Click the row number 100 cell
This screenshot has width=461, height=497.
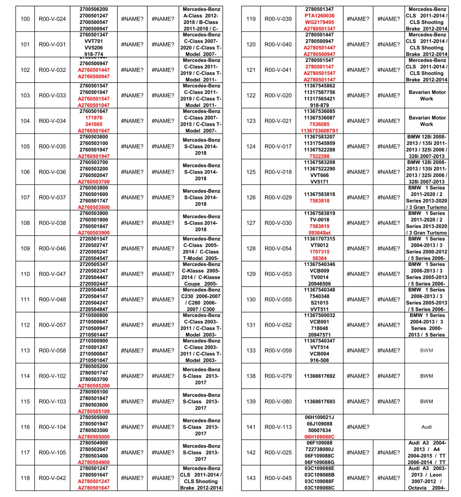coord(25,19)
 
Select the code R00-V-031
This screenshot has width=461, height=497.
coord(52,44)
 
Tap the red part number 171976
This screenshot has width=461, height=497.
coord(94,118)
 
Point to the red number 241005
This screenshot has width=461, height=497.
coord(94,124)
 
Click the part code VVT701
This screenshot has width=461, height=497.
coord(94,41)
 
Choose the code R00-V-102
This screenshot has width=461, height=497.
coord(52,376)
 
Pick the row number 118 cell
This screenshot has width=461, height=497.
coord(25,478)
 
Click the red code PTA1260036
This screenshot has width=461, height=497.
coord(319,16)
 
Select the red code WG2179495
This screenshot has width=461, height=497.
coord(319,22)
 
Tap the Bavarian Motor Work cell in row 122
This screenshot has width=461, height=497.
coord(426,95)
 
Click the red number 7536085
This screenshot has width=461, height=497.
coord(319,124)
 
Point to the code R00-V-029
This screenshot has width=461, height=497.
coord(278,198)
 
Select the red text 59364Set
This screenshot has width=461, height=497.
coord(319,233)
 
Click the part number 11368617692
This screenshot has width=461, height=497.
coord(319,376)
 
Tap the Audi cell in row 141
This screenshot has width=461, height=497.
coord(426,427)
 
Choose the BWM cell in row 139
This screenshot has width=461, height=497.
coord(426,401)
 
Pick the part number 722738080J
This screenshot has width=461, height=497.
coord(319,449)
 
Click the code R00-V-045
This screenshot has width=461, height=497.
coord(278,478)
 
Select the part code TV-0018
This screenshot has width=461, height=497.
coord(319,220)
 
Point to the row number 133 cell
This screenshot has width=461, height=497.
coord(251,350)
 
